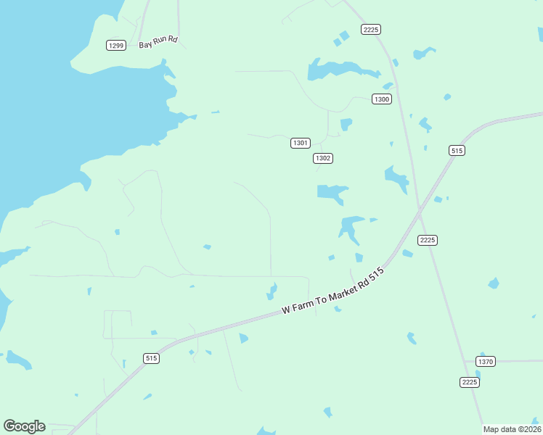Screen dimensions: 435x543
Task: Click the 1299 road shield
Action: coord(115,46)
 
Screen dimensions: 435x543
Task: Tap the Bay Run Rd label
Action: coord(158,44)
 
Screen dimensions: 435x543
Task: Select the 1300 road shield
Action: coord(382,99)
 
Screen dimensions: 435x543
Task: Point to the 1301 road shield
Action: coord(301,143)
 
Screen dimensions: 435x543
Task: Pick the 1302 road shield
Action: coord(323,158)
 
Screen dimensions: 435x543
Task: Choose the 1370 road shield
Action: coord(486,361)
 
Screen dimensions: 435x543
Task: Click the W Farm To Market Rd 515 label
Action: coord(332,293)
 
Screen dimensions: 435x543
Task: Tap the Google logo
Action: coord(24,426)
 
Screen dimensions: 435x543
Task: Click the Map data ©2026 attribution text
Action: coord(511,429)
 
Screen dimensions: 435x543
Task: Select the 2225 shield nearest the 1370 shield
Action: coord(470,382)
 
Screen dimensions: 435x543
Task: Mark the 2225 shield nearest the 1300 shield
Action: coord(371,29)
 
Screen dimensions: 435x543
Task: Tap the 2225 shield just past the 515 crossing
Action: coord(428,240)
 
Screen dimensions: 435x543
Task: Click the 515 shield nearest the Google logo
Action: coord(151,358)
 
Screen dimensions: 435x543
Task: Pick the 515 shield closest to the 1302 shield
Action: coord(457,151)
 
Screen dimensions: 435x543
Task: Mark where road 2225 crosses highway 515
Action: coord(420,213)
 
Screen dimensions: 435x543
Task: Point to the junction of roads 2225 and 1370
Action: coord(465,361)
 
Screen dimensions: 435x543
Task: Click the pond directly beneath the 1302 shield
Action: coord(332,192)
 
